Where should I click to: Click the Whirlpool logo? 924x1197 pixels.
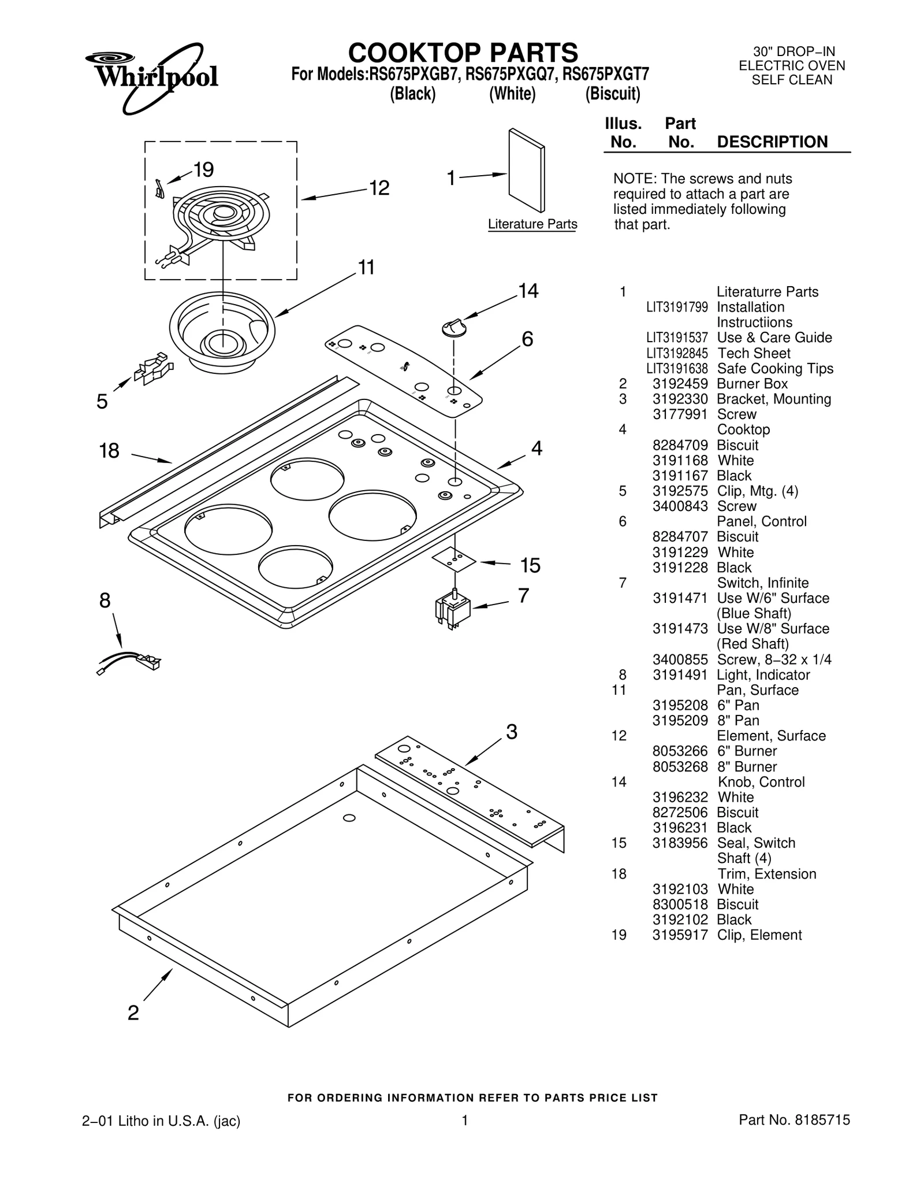(x=152, y=76)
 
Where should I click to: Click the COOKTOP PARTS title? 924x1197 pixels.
(x=463, y=53)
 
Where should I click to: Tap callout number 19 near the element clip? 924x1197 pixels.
(x=203, y=170)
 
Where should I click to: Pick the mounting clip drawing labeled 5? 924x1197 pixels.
(x=154, y=368)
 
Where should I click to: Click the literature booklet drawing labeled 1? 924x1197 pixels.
(x=526, y=171)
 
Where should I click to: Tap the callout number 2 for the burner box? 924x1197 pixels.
(x=133, y=1013)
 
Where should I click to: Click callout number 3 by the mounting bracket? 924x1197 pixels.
(x=512, y=732)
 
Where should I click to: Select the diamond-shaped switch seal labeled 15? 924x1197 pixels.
(x=454, y=560)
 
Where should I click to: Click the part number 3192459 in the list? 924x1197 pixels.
(x=680, y=384)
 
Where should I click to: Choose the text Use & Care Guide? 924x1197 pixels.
(x=774, y=338)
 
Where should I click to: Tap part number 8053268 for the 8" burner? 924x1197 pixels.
(x=680, y=766)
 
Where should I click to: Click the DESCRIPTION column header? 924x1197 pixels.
(x=772, y=142)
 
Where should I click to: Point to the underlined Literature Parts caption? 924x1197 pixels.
(x=532, y=224)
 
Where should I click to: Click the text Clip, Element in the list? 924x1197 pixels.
(x=759, y=935)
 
